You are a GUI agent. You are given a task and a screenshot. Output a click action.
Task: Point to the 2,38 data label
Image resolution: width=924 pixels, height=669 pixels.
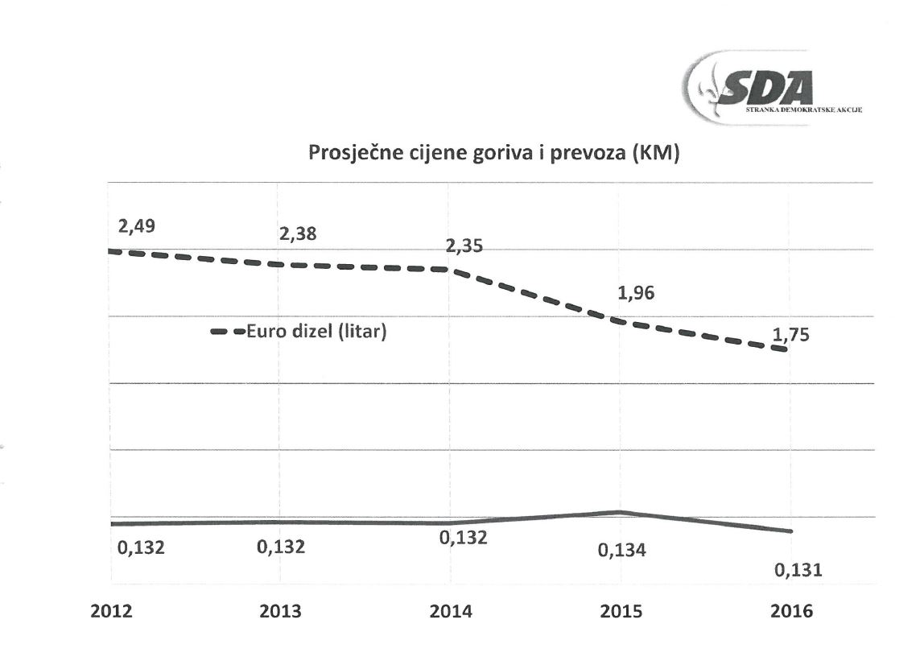[x=298, y=234]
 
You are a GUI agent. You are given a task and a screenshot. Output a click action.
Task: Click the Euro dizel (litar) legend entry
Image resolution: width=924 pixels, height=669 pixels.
[x=299, y=331]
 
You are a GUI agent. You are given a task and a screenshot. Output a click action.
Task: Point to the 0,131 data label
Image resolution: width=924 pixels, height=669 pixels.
[x=798, y=570]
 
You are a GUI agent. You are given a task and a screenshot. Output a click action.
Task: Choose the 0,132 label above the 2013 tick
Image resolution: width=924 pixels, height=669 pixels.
[x=281, y=547]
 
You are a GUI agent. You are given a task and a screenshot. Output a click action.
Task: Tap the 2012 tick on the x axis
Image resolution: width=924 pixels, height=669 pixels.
[x=112, y=611]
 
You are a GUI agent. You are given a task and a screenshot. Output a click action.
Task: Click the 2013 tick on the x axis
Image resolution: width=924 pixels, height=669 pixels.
[x=281, y=611]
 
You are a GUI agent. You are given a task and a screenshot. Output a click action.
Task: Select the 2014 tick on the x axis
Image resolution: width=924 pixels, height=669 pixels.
[x=451, y=611]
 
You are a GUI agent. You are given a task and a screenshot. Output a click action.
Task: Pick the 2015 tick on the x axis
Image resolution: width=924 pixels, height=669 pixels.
[x=621, y=611]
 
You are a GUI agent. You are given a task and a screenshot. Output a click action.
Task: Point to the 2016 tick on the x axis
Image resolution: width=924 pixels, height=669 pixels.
[x=792, y=611]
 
